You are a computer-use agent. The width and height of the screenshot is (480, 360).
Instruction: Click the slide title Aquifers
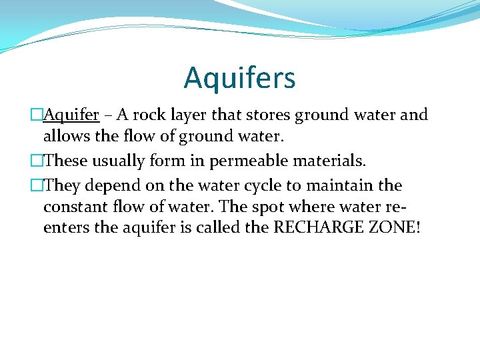click(239, 77)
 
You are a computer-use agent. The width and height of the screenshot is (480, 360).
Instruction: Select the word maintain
click(342, 185)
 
